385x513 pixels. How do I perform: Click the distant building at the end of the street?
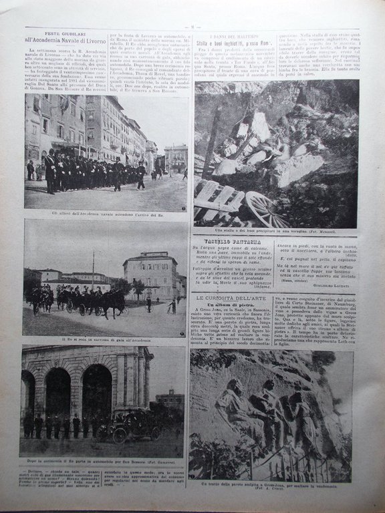coord(176,160)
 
